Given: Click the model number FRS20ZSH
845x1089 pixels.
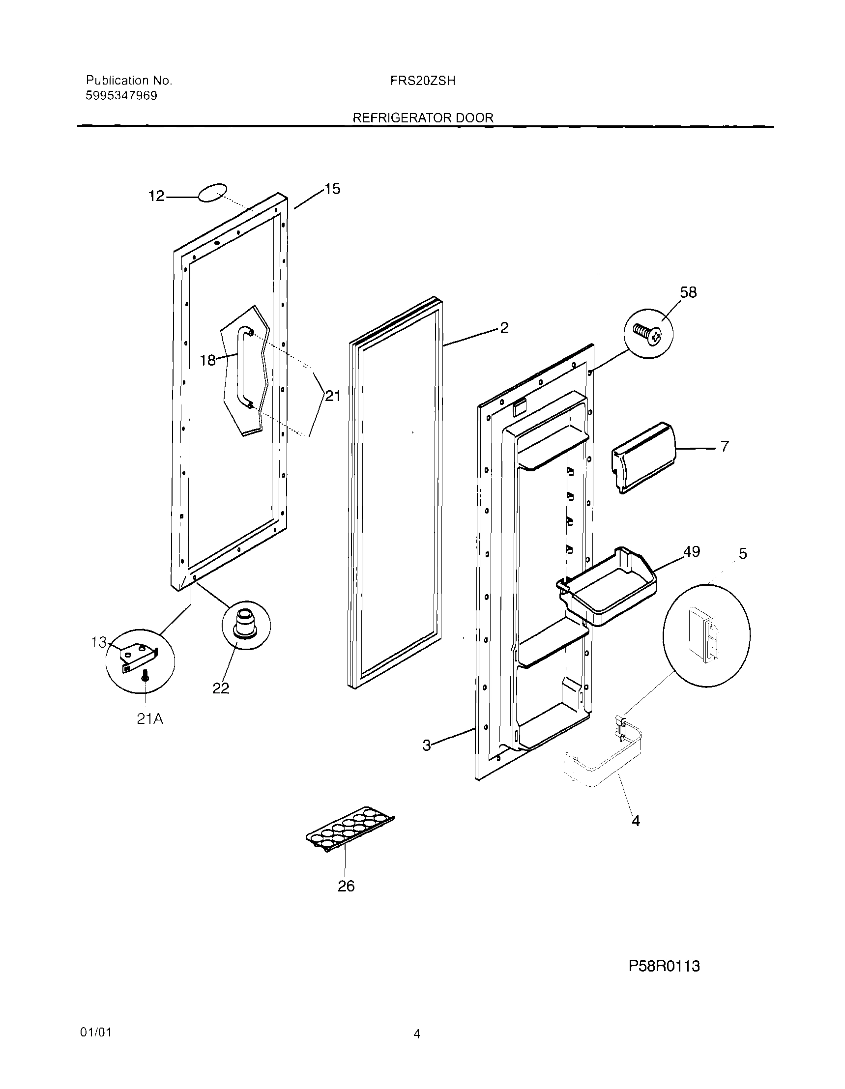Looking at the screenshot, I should click(x=423, y=81).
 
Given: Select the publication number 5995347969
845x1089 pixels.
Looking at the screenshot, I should click(x=121, y=96).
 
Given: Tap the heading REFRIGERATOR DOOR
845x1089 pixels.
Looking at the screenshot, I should click(x=423, y=117).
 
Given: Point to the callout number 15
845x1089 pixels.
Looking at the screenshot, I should click(x=332, y=189).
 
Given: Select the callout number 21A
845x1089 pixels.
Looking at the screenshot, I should click(x=150, y=719).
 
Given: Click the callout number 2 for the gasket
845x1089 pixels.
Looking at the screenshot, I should click(x=504, y=328).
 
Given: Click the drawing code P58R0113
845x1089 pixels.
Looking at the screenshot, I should click(x=664, y=966).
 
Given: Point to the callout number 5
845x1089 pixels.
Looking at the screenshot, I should click(x=743, y=554).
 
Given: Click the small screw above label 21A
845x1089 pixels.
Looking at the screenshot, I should click(x=145, y=677).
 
